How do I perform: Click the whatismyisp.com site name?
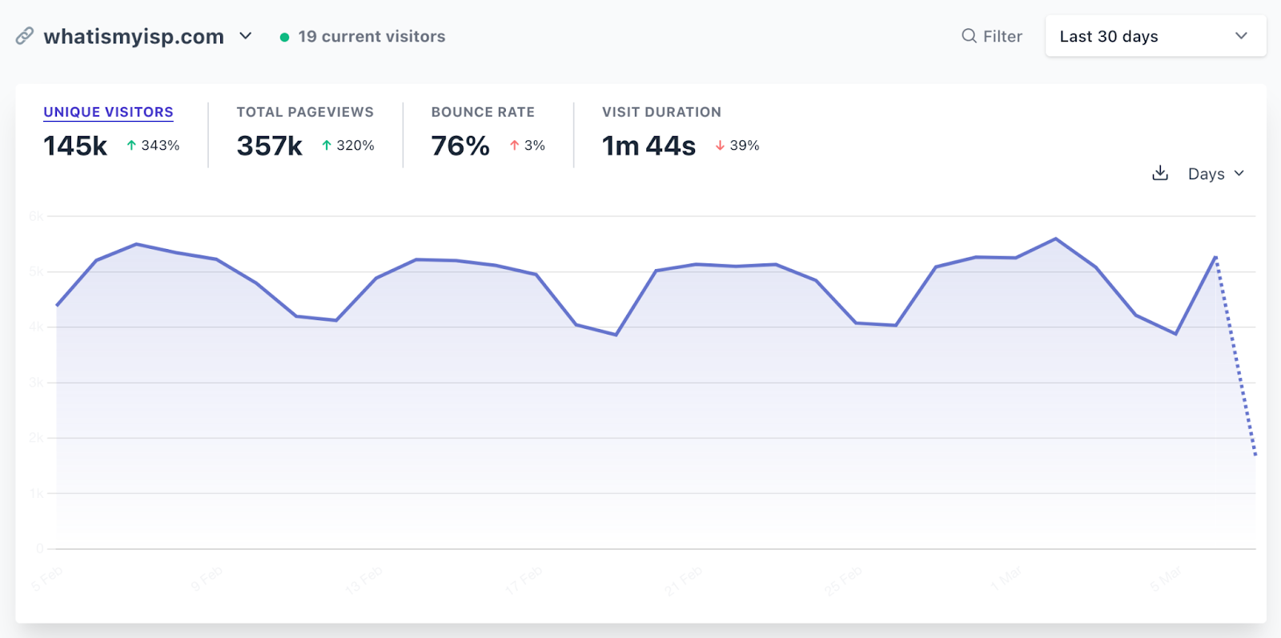tap(134, 37)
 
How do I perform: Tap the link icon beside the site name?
tap(25, 36)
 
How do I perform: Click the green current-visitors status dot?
tap(284, 37)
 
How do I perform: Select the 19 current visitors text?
tap(371, 37)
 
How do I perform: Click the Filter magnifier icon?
tap(969, 36)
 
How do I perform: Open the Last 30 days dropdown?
tap(1155, 36)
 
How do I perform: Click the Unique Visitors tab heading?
tap(108, 112)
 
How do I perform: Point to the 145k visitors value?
tap(75, 146)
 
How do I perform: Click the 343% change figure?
tap(160, 146)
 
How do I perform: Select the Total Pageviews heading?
tap(305, 112)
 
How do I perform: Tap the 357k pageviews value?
tap(269, 146)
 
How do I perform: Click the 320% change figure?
tap(355, 146)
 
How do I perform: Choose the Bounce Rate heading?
tap(483, 112)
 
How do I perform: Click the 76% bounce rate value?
tap(460, 146)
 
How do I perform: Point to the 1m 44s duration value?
tap(649, 146)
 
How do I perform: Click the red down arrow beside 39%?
tap(720, 146)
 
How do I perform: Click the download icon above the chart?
tap(1160, 173)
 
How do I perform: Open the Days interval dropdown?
tap(1215, 174)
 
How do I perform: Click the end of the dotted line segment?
tap(1255, 455)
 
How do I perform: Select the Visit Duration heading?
tap(661, 112)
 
